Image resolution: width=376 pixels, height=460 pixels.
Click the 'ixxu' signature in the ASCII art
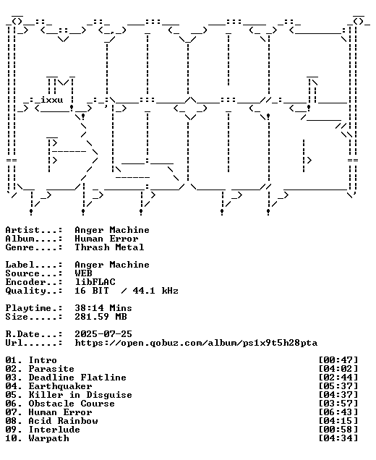tap(52, 100)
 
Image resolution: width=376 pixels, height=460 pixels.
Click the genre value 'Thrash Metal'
tap(109, 247)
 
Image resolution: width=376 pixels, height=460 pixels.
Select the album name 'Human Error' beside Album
tap(106, 239)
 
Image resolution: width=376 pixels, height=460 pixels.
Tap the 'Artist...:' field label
tap(34, 230)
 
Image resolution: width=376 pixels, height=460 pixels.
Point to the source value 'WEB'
tap(83, 273)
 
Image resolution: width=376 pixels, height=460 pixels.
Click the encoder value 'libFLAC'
tap(95, 282)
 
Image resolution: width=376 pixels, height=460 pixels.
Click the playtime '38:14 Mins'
tap(103, 308)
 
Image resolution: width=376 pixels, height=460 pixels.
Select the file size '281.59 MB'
tap(101, 317)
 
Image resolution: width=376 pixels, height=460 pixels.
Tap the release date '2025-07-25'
tap(103, 334)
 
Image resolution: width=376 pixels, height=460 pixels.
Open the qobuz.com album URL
tap(196, 343)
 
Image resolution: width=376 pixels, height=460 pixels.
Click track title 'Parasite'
tap(51, 369)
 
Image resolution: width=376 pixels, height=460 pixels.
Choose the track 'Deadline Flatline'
tap(77, 378)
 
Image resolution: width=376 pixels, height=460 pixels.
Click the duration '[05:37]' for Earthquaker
tap(338, 386)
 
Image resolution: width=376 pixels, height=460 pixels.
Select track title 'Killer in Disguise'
tap(80, 395)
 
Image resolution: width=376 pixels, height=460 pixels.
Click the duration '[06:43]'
tap(338, 412)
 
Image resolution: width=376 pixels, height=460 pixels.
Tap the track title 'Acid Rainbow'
tap(63, 421)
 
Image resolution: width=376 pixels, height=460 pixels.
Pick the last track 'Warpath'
tap(48, 438)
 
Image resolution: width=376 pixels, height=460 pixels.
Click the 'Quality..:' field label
tap(34, 291)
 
